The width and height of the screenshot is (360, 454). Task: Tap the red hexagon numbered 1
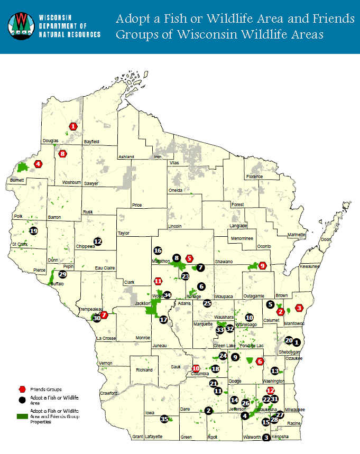(73, 126)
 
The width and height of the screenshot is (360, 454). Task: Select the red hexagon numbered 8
(63, 154)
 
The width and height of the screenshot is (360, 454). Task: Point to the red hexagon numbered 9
(263, 265)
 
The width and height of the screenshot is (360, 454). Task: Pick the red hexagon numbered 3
(299, 308)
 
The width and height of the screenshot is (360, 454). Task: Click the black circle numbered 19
(34, 231)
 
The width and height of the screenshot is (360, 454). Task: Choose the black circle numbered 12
(97, 241)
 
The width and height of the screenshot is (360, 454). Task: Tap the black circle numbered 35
(164, 419)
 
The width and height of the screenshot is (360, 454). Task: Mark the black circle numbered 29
(63, 274)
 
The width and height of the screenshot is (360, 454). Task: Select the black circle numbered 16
(157, 251)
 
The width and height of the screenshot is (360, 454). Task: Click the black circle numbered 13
(274, 370)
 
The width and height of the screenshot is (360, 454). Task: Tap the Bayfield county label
(92, 142)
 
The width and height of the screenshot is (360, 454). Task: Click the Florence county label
(254, 177)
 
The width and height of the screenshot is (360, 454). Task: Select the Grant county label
(137, 437)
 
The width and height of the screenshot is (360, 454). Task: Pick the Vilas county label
(174, 163)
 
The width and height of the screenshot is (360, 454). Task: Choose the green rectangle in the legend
(22, 416)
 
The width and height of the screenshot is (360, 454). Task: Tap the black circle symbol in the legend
(22, 399)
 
